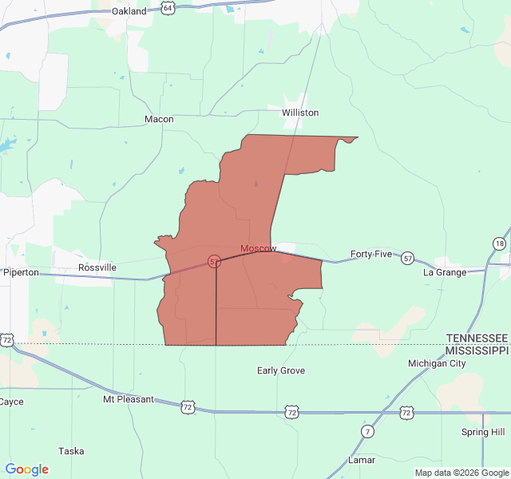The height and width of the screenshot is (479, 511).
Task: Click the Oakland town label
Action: click(x=129, y=11)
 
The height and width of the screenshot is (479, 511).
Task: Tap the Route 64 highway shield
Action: click(x=166, y=7)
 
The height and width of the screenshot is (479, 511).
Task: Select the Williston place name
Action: click(x=300, y=113)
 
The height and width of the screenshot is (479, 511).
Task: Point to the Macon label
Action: click(x=159, y=119)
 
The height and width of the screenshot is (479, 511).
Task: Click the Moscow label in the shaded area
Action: click(x=259, y=248)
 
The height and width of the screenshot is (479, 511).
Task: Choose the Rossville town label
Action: click(x=97, y=267)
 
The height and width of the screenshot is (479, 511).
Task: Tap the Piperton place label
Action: click(x=21, y=272)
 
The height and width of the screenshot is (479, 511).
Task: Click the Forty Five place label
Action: click(x=371, y=254)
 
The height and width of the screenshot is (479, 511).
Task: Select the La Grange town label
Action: click(x=445, y=272)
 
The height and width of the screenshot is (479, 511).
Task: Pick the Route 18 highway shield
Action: click(x=500, y=243)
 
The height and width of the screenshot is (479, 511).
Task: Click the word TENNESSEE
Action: click(x=477, y=338)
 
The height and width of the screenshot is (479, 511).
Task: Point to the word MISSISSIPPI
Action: click(x=477, y=350)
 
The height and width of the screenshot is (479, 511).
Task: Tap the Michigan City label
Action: click(x=437, y=363)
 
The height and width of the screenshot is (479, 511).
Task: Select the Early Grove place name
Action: click(x=281, y=370)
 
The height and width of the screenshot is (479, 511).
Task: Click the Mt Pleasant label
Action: click(x=128, y=399)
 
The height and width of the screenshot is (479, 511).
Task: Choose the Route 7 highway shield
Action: click(x=367, y=432)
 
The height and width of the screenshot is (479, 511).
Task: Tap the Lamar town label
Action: click(x=362, y=461)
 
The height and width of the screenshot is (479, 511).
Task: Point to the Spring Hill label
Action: click(x=483, y=432)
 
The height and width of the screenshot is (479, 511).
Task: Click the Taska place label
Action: click(x=71, y=451)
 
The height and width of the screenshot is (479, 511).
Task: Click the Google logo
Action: click(x=27, y=469)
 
